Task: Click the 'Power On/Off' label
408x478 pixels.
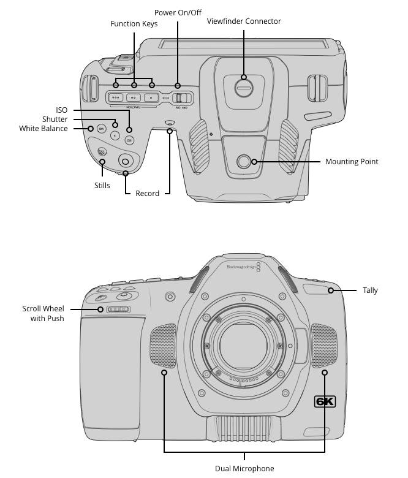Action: click(x=178, y=13)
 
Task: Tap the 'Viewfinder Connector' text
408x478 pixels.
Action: click(x=244, y=21)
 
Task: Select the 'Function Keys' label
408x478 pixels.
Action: click(x=134, y=24)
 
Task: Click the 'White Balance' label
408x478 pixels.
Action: click(x=43, y=129)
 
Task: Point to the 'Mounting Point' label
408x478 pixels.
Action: click(x=352, y=162)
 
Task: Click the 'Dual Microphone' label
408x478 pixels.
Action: click(x=244, y=469)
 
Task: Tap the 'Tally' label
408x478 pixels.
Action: click(x=370, y=290)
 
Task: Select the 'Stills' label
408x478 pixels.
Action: click(x=102, y=185)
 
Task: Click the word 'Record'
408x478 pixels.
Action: click(x=148, y=194)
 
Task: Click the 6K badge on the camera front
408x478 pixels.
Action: click(x=325, y=401)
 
